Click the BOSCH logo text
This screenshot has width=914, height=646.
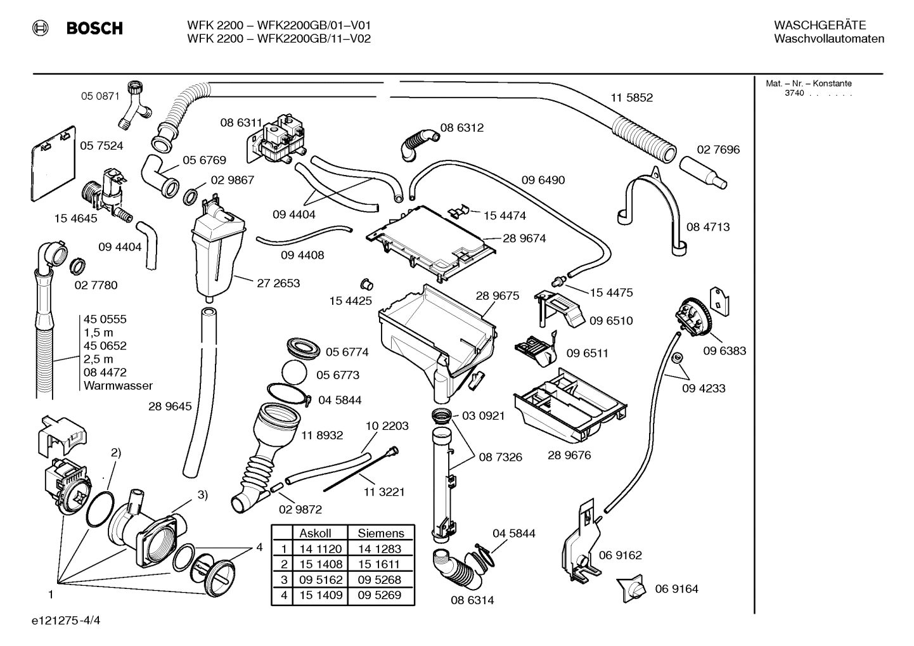coord(94,29)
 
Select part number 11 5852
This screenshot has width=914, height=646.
coord(631,98)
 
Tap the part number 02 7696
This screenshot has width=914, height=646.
coord(718,150)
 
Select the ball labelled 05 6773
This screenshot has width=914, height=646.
coord(293,373)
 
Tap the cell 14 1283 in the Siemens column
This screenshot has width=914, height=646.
coord(380,549)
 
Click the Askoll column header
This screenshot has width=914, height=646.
coord(315,533)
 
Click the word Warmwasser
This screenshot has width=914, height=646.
coord(118,385)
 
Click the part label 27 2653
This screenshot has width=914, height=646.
coord(278,283)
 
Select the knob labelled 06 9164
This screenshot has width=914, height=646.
coord(633,589)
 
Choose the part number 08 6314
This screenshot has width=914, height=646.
coord(472,600)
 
